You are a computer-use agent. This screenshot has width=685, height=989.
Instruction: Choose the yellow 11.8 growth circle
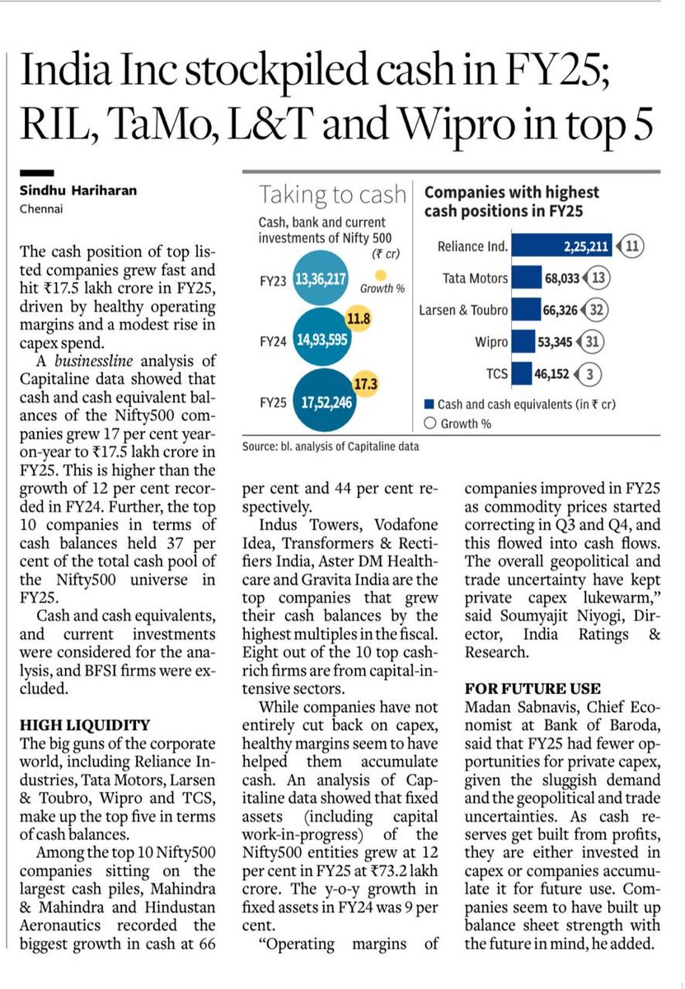pos(356,317)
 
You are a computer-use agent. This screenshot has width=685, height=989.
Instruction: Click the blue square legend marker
pos(428,405)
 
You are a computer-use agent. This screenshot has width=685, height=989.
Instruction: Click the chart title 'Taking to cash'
pos(332,195)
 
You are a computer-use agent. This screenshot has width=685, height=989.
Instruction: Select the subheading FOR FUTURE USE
pos(532,688)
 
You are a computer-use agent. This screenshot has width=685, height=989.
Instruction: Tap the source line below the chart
pos(331,446)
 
